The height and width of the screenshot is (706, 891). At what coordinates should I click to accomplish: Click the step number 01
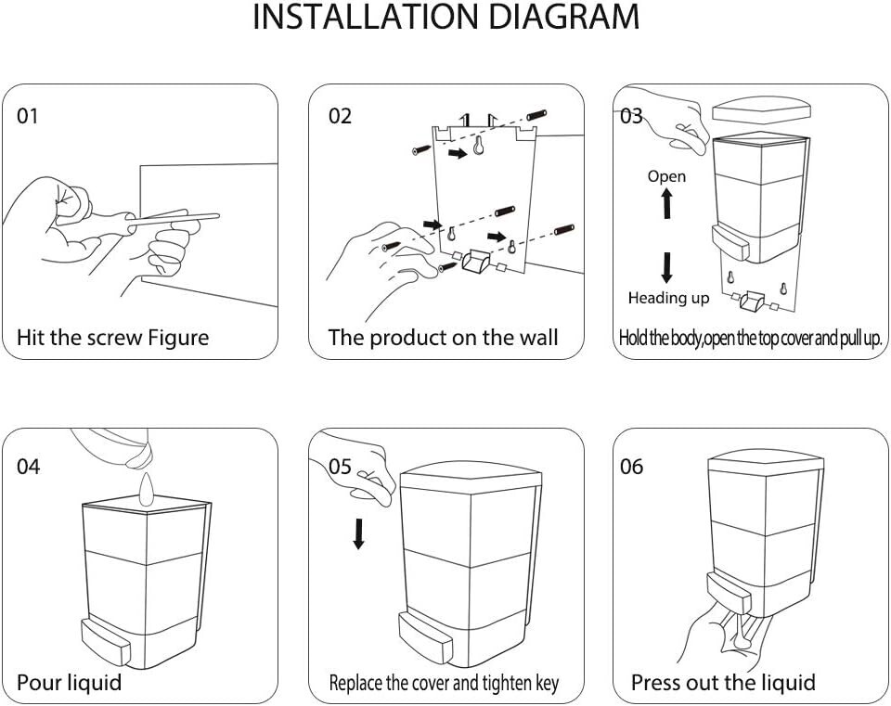click(29, 117)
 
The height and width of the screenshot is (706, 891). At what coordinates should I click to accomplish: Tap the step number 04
click(29, 467)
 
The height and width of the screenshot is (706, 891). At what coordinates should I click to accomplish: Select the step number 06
click(631, 467)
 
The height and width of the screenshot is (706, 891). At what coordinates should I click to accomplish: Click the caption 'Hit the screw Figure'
click(113, 338)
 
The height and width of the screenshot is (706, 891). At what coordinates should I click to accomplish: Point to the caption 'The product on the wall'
click(443, 338)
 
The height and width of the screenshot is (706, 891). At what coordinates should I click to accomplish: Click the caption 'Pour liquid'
click(70, 684)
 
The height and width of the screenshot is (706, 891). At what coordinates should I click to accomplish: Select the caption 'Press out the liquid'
click(723, 684)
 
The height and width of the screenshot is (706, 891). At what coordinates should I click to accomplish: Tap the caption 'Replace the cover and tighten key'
click(444, 685)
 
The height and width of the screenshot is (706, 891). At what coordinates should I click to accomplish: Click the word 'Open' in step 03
click(666, 176)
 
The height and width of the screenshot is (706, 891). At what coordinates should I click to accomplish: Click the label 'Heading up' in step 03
click(668, 298)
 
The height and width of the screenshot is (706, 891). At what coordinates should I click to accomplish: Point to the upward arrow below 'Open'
click(666, 203)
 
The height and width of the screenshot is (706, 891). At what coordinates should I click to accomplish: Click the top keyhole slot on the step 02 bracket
click(480, 147)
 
